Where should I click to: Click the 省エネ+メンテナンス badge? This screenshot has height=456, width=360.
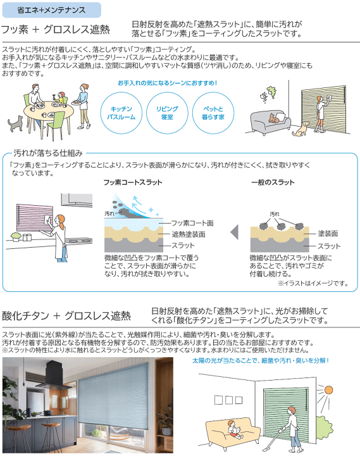click(x=52, y=10)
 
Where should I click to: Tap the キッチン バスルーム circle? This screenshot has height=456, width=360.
click(x=121, y=113)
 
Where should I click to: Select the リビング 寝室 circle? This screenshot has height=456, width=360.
click(x=167, y=113)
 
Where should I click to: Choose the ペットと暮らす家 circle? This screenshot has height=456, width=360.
click(x=213, y=113)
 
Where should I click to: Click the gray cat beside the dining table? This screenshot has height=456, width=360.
click(x=15, y=123)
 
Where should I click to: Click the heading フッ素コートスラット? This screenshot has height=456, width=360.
click(x=133, y=182)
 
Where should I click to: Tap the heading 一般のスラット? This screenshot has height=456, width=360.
click(x=273, y=182)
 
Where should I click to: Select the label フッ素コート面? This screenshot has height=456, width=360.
click(x=192, y=223)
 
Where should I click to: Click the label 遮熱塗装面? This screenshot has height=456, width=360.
click(x=189, y=234)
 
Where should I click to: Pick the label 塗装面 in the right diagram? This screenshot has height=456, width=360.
click(x=328, y=234)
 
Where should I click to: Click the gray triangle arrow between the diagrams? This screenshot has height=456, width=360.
click(x=235, y=232)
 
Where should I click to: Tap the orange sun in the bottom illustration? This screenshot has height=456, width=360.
click(x=328, y=389)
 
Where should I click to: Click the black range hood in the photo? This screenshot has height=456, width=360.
click(x=55, y=375)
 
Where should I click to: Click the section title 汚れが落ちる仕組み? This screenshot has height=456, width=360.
click(x=48, y=153)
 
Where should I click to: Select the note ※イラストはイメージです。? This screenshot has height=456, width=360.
click(x=313, y=283)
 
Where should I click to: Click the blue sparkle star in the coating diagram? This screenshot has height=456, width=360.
click(x=151, y=210)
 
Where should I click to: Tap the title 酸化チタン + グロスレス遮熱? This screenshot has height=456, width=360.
click(x=66, y=316)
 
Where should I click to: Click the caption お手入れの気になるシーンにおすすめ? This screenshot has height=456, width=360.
click(x=168, y=83)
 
